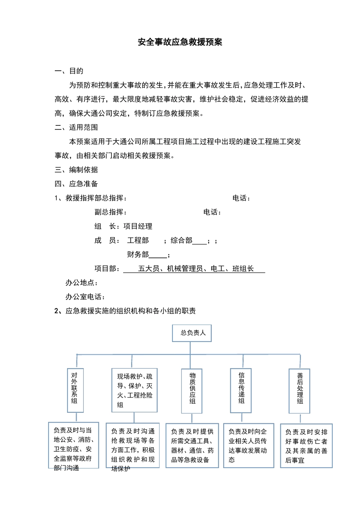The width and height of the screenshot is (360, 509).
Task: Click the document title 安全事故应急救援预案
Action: coord(180,42)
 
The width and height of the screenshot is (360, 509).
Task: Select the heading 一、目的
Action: coord(69,71)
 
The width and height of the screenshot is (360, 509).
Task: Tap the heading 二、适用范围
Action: coord(76,127)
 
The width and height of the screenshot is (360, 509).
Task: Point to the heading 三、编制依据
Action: coord(76,170)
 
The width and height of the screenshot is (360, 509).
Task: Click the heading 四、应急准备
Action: coord(76,184)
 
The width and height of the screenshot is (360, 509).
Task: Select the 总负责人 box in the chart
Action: coord(192,333)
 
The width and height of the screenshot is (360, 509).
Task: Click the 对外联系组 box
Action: coord(75,390)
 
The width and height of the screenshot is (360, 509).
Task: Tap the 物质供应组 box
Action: coord(192,390)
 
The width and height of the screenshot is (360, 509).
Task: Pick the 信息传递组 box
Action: coord(241,390)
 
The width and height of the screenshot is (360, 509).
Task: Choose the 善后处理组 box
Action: coord(299,390)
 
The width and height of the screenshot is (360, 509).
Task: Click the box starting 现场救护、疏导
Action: coord(135,390)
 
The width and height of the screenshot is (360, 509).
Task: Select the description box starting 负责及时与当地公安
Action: coord(74,445)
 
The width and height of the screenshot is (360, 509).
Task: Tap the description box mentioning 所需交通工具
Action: coord(192,445)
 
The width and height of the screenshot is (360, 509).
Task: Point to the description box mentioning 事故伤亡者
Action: coord(306,446)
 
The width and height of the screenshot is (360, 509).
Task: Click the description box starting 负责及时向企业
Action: coord(248,445)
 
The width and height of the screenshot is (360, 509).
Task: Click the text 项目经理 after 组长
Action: coord(138,226)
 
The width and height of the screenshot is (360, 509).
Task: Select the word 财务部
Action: coord(138,254)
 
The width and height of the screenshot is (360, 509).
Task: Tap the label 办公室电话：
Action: coord(85,297)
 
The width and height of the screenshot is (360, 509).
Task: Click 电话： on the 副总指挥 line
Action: coord(212,212)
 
